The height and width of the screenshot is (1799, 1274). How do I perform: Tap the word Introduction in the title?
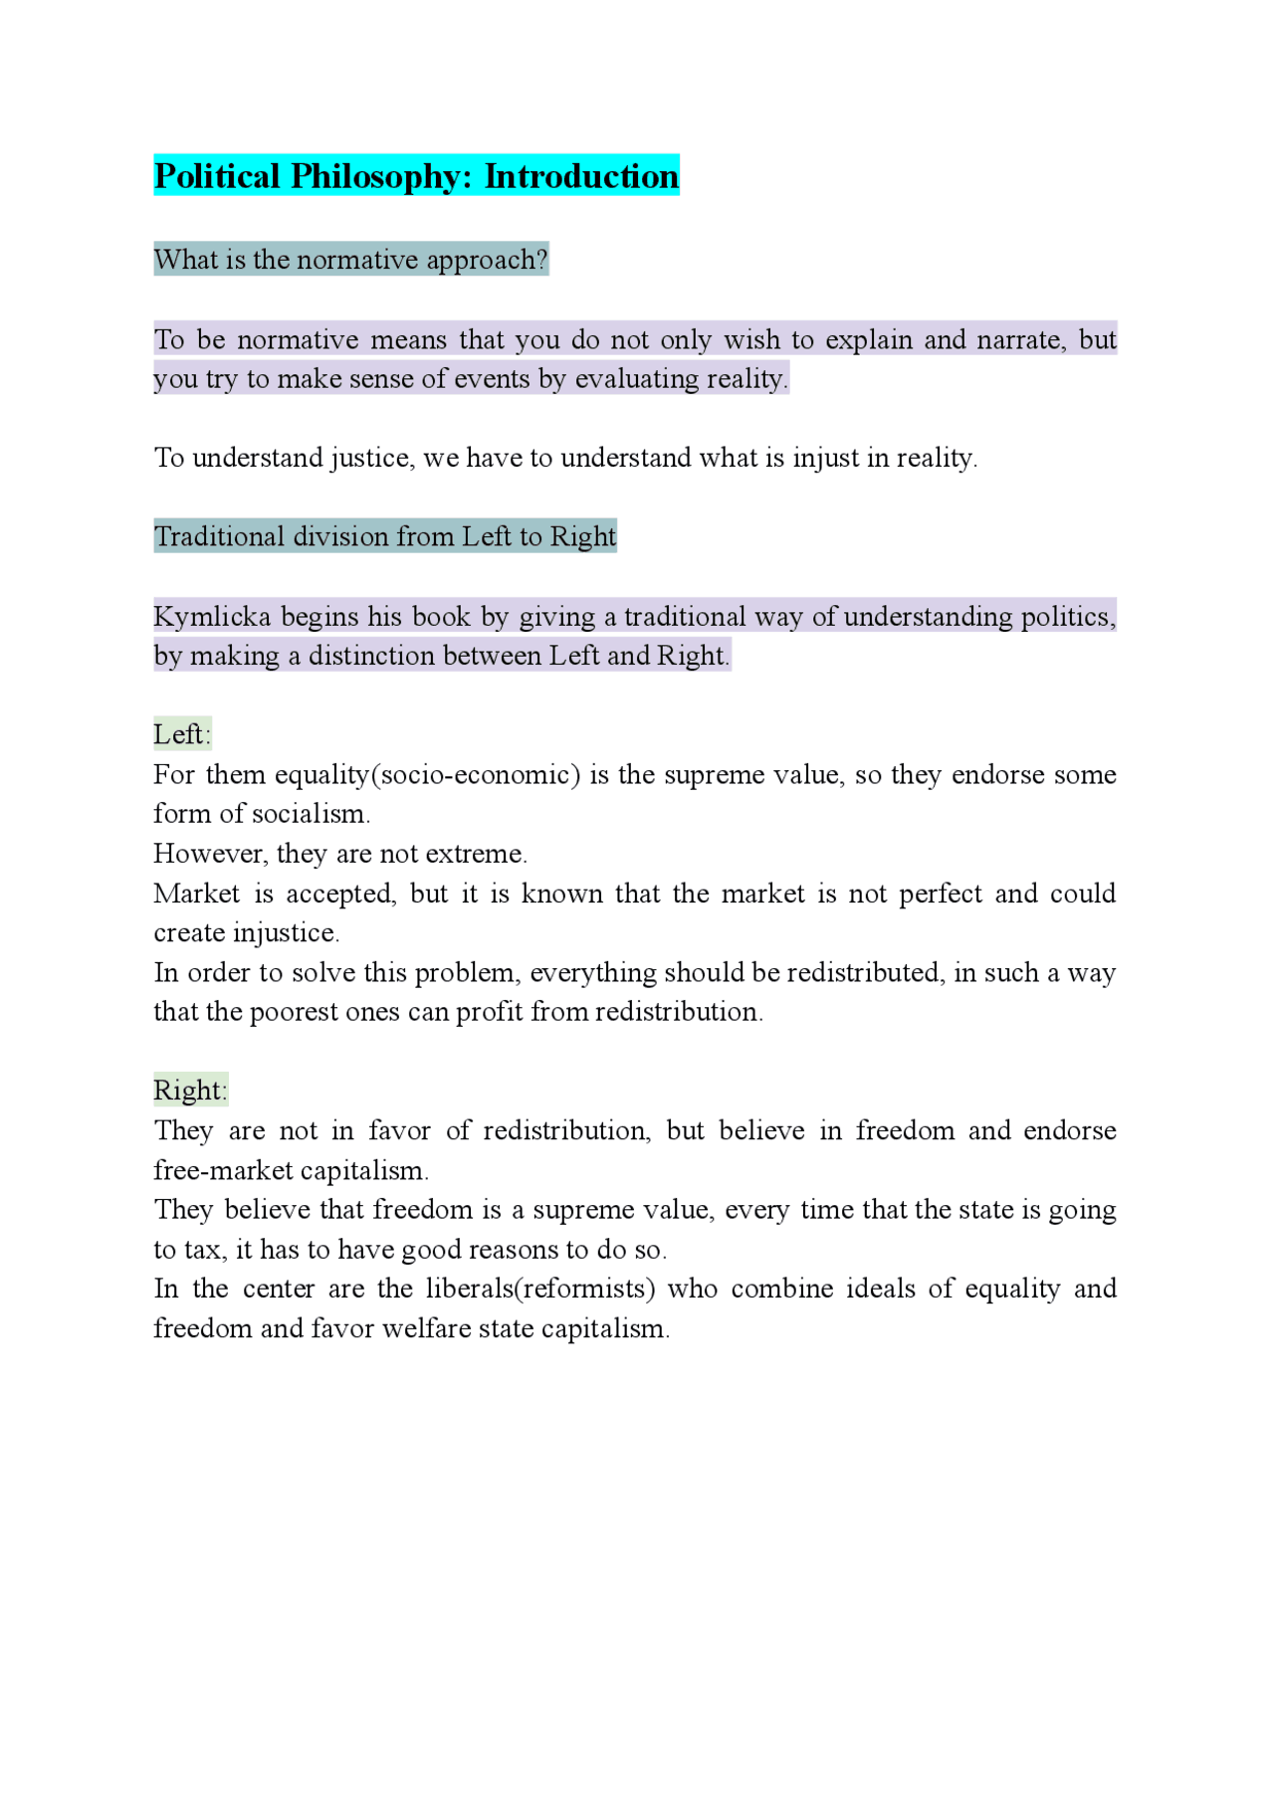(x=581, y=176)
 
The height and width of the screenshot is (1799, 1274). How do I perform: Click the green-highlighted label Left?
(x=182, y=734)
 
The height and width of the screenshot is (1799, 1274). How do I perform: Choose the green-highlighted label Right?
(x=190, y=1091)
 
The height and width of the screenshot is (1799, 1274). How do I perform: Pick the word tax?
(x=201, y=1250)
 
